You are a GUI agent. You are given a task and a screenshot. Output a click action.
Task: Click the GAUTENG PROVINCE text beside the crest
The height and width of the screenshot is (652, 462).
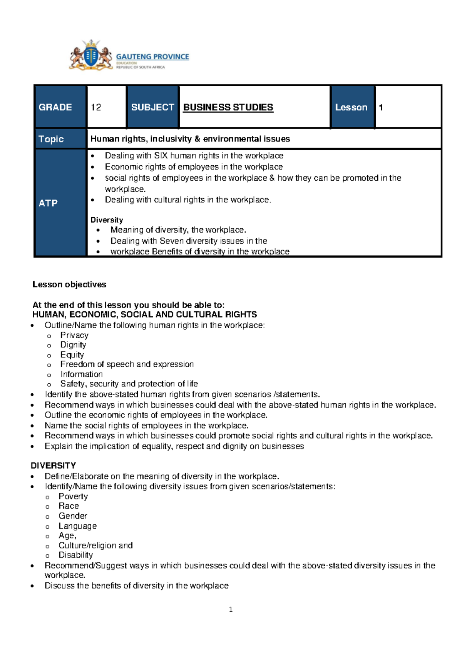152,57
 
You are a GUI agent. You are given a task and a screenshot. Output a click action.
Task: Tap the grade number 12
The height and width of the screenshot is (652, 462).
96,107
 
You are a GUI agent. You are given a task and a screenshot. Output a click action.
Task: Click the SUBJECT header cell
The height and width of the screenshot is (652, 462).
152,107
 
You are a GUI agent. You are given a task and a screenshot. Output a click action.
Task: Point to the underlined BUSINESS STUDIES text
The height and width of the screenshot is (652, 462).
228,107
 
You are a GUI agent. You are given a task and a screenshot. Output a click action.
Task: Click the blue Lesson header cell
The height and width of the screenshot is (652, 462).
351,107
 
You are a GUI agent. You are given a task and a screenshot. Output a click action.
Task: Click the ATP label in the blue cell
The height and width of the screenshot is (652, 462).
48,203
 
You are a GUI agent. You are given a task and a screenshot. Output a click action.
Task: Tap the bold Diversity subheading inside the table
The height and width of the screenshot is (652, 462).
107,220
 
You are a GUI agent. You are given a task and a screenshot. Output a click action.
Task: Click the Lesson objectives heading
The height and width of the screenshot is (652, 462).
69,284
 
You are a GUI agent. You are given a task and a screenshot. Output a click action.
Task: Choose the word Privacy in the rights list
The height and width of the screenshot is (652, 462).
74,335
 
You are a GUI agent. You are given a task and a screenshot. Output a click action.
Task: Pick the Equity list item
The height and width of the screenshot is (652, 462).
72,354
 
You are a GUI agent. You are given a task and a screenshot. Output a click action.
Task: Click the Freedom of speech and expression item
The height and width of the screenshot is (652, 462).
127,364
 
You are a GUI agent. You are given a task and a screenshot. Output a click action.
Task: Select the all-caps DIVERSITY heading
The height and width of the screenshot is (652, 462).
54,466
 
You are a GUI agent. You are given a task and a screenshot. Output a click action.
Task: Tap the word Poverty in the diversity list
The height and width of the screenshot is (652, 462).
73,496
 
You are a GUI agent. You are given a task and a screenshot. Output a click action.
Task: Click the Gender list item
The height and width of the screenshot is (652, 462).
73,516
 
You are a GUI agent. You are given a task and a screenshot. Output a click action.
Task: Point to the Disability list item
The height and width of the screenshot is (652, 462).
76,555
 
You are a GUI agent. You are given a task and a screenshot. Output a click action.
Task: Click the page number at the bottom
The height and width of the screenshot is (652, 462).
231,609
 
